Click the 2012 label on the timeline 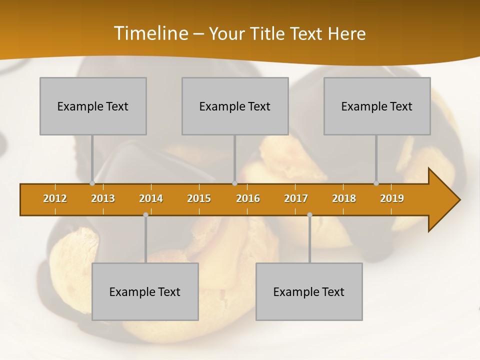[55, 198]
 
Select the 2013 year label [103, 198]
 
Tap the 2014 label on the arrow [151, 198]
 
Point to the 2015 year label [199, 198]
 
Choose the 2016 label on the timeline [248, 198]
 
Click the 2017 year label [296, 198]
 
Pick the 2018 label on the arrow [344, 198]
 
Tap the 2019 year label [392, 198]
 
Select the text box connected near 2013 [93, 106]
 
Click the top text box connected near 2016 [235, 106]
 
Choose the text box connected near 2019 [377, 106]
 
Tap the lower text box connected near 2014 [145, 291]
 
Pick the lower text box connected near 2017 [309, 291]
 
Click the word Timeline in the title [150, 33]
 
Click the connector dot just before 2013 [92, 183]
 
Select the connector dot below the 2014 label [145, 215]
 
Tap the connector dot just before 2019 [376, 183]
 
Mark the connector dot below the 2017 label [309, 215]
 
